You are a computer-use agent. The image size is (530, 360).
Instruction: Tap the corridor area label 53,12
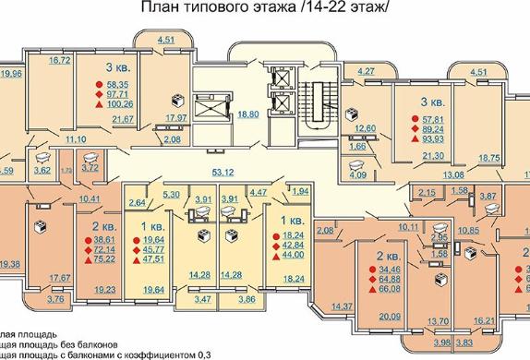click(x=249, y=171)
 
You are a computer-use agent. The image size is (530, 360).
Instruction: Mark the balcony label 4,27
click(x=367, y=71)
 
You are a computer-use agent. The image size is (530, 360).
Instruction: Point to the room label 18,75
click(x=488, y=157)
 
